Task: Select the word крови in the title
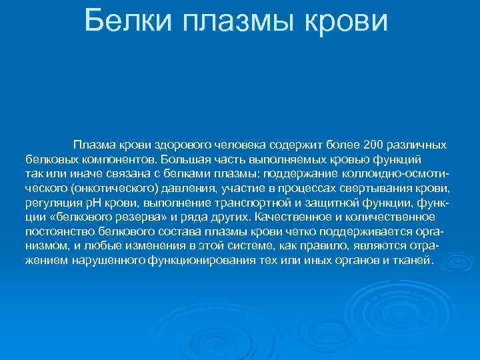click(x=347, y=22)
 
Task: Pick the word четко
click(x=295, y=232)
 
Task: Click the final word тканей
click(x=413, y=261)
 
